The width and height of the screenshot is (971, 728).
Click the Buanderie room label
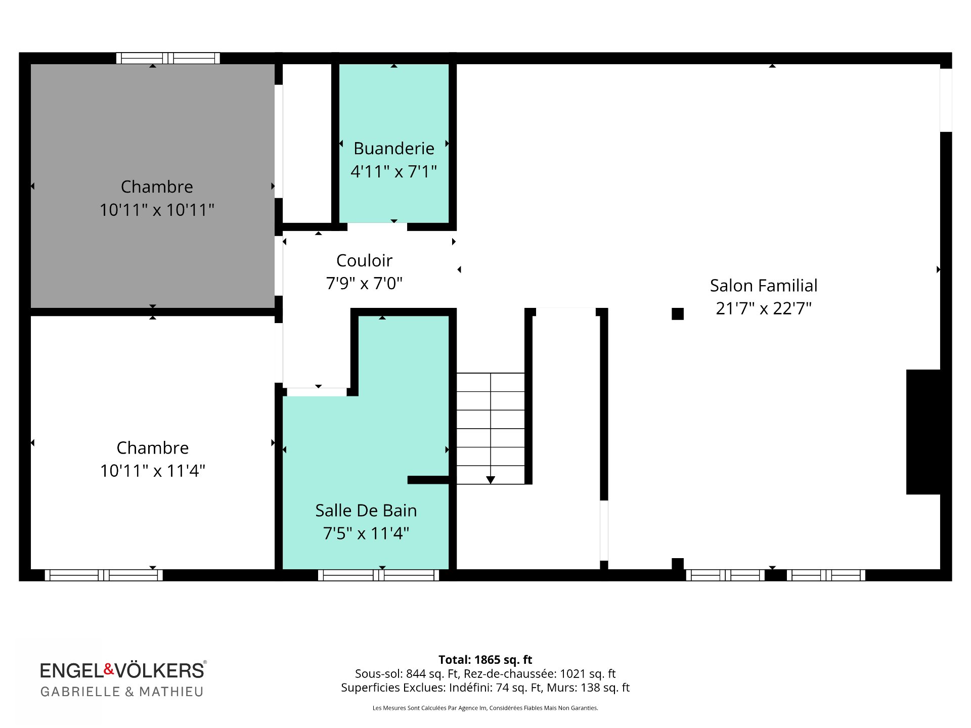tap(393, 148)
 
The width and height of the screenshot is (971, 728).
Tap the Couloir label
tap(364, 260)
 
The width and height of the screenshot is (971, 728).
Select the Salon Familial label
tap(764, 285)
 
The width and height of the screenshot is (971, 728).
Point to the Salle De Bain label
tap(366, 510)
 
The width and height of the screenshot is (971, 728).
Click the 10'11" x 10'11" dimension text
tap(157, 209)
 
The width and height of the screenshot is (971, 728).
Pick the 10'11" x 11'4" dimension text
tap(153, 471)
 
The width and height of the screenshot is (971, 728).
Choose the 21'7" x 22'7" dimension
tap(764, 308)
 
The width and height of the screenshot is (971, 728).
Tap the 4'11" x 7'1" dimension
tap(393, 171)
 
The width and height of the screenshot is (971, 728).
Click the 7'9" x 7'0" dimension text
tap(364, 283)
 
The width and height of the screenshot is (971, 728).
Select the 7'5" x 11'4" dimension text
tap(366, 533)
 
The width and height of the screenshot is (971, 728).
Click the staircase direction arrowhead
tap(491, 480)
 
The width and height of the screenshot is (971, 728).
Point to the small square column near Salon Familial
tap(678, 314)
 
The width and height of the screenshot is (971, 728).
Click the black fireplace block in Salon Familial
tap(923, 432)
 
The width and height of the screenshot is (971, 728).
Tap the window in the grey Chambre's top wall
tap(168, 58)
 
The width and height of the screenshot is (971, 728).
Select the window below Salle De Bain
tap(378, 575)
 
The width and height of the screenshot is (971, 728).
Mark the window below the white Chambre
tap(104, 575)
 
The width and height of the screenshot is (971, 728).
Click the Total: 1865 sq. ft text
tap(485, 660)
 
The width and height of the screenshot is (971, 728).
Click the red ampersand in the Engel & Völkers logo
tap(109, 669)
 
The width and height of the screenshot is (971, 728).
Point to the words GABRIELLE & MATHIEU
tap(122, 692)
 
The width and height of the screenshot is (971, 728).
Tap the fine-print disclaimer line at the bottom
tap(485, 708)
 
